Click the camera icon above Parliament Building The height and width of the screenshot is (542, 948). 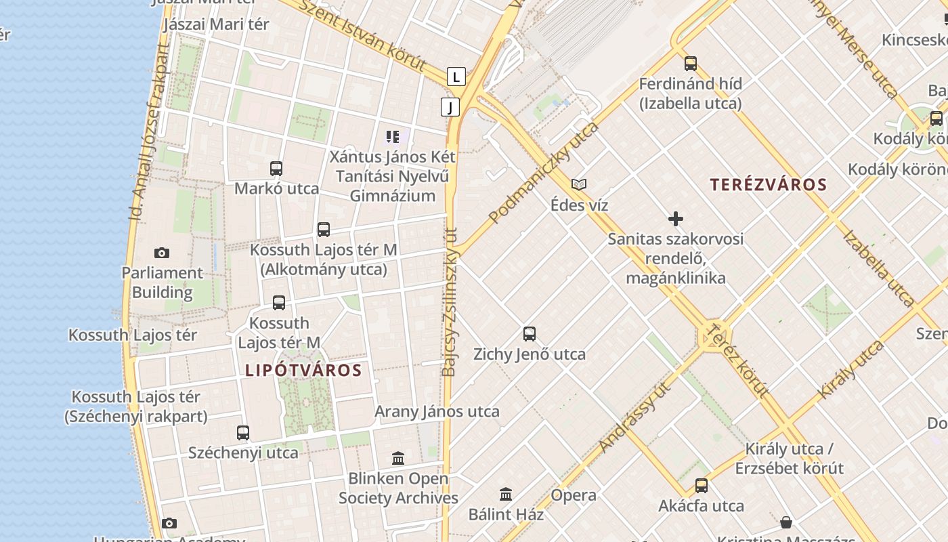point(161,253)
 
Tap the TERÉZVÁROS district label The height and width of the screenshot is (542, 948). point(769,184)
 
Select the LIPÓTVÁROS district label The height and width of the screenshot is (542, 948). point(303,370)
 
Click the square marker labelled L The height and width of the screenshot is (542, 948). point(456,77)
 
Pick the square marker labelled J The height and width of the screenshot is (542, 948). point(450,106)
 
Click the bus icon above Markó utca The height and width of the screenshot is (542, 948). point(276,168)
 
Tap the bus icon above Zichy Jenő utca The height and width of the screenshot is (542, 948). point(530,333)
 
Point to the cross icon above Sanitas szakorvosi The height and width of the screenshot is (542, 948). point(675,219)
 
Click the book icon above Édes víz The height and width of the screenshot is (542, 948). point(579,184)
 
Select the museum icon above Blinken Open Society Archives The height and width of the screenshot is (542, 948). point(398,459)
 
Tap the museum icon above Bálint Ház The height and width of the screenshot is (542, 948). point(506,494)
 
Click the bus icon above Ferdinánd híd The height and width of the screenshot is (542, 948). point(691,64)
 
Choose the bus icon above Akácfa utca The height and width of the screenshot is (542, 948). point(702,485)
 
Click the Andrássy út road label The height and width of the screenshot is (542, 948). point(634,417)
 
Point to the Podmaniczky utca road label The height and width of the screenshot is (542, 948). point(544,173)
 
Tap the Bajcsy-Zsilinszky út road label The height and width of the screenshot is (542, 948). point(450,301)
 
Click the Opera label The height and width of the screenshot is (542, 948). point(574,495)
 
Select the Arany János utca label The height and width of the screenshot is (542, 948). point(437,411)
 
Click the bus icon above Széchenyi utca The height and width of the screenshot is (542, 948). point(243,432)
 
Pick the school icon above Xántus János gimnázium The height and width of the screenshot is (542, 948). point(393,137)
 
